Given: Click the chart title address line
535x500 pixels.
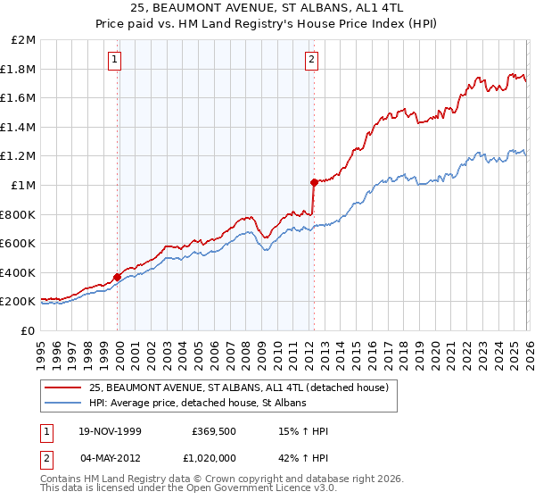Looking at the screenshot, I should (x=267, y=8).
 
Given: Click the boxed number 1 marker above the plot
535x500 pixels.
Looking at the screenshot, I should (x=116, y=61).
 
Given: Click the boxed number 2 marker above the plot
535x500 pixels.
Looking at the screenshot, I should (x=311, y=61).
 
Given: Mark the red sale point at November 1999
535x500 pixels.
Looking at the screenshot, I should (x=118, y=277).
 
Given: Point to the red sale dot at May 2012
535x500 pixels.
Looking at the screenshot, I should (x=313, y=182).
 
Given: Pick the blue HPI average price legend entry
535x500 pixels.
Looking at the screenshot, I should (x=197, y=404).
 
